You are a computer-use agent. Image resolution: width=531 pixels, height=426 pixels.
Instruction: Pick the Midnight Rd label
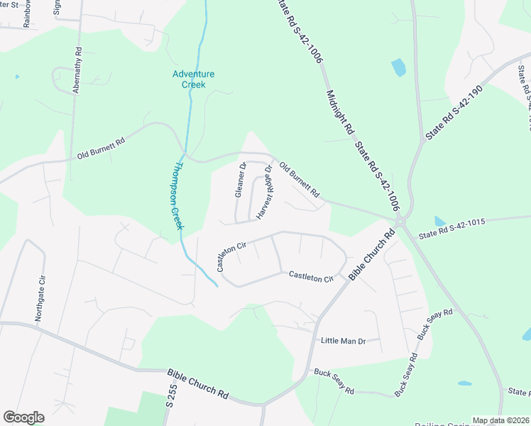point(339,112)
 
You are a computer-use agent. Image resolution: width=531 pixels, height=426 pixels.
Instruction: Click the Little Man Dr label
point(342,341)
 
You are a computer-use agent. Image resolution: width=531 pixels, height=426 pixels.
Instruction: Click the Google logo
point(23,417)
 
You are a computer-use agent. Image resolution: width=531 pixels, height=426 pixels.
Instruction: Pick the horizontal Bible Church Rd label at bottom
point(197,383)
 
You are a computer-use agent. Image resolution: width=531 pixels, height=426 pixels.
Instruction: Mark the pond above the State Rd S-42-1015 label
point(439,222)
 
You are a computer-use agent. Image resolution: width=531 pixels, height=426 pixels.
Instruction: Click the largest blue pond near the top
point(398,67)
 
